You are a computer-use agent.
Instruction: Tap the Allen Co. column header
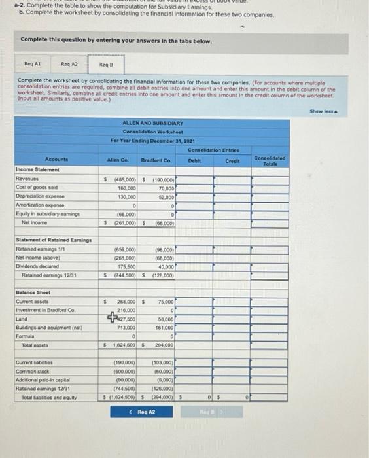coord(118,160)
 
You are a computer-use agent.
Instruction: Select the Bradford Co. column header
coord(156,160)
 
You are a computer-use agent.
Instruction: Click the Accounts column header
coord(56,160)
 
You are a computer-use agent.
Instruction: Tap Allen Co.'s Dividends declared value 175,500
coord(125,267)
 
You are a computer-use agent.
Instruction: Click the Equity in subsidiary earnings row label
coord(44,213)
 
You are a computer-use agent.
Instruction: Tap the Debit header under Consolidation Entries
coord(195,160)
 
